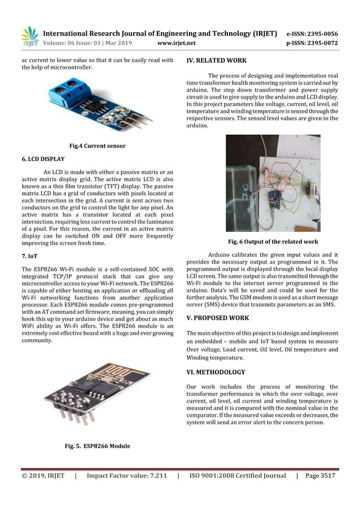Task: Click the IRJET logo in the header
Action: [29, 37]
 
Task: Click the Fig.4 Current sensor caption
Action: [97, 146]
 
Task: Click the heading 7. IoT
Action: [29, 256]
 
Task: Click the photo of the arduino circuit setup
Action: [273, 183]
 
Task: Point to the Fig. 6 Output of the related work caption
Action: [273, 241]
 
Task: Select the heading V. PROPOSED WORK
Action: [217, 318]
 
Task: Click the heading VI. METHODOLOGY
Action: [216, 372]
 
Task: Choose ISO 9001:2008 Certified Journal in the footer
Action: [238, 476]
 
